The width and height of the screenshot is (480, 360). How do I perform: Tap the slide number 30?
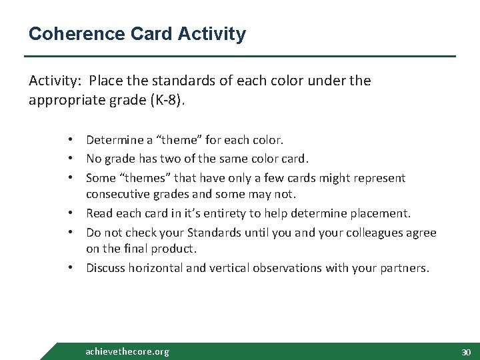pyautogui.click(x=465, y=352)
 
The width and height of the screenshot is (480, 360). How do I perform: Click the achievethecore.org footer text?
pyautogui.click(x=127, y=351)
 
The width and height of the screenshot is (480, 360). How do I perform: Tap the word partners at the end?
pyautogui.click(x=406, y=268)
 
